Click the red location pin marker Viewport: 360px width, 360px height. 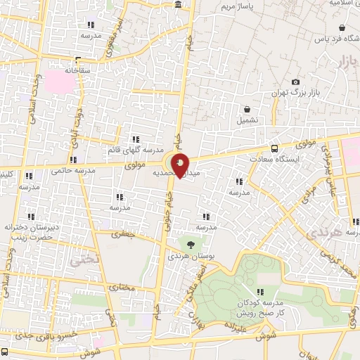click(181, 165)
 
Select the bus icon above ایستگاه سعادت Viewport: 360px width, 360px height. click(274, 149)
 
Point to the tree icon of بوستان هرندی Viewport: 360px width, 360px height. click(191, 245)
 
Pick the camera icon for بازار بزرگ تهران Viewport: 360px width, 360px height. click(295, 82)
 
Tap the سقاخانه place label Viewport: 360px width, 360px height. click(78, 70)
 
